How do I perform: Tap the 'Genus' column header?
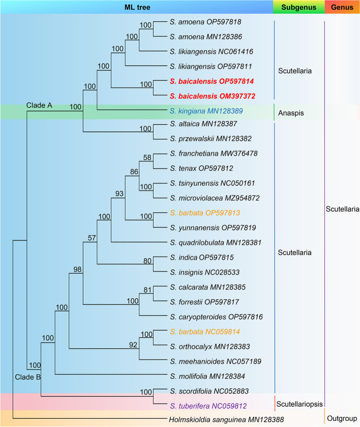342,7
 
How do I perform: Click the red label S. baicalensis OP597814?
212,81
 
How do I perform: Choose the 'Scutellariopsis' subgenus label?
299,404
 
